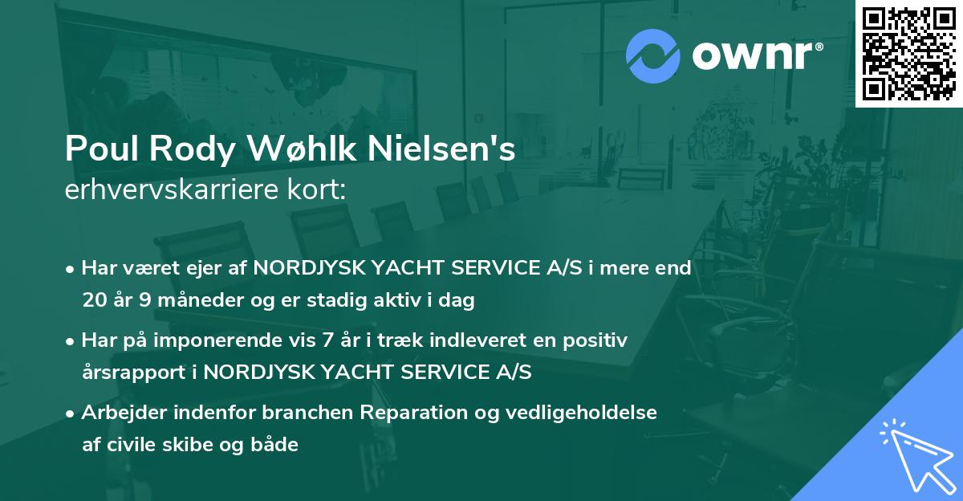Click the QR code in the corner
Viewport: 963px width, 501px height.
pyautogui.click(x=908, y=53)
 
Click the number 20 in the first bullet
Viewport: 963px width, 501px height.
pyautogui.click(x=93, y=300)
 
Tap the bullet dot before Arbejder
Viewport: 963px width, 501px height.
pyautogui.click(x=71, y=413)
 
